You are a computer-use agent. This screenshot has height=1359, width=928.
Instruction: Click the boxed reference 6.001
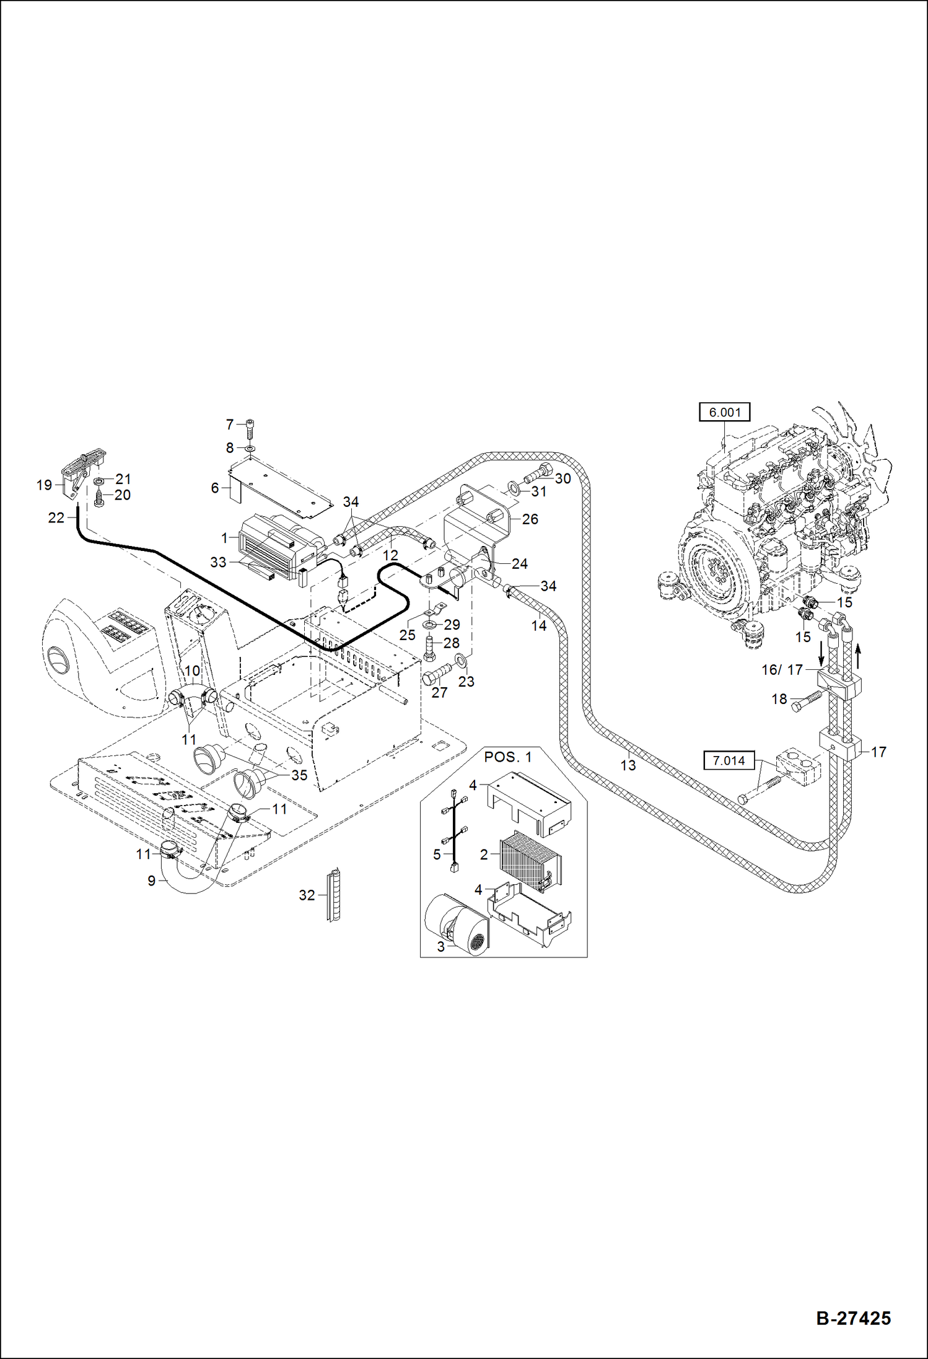pos(724,412)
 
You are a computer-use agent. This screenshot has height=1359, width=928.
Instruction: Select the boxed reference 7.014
pos(729,760)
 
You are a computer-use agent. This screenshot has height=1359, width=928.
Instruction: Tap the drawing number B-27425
pos(853,1317)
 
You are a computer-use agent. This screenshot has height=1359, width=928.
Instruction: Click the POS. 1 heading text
pos(507,757)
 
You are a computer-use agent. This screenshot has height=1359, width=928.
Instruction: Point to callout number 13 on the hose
pos(628,765)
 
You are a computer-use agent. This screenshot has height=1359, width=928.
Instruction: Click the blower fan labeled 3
pos(457,924)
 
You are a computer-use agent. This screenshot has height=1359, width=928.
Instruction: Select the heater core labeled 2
pos(530,860)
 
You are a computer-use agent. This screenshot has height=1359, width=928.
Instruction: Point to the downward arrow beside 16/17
pos(821,653)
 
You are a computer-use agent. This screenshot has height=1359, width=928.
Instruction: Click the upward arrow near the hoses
pos(859,655)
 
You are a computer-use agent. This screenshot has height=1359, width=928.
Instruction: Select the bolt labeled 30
pos(539,474)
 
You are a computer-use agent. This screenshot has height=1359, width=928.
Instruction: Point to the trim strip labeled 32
pos(333,895)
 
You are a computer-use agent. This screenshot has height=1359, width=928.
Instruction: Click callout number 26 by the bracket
pos(530,519)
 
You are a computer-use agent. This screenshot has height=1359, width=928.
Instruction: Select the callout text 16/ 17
pos(781,670)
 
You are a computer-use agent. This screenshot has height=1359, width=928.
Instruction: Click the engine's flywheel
pos(719,571)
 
